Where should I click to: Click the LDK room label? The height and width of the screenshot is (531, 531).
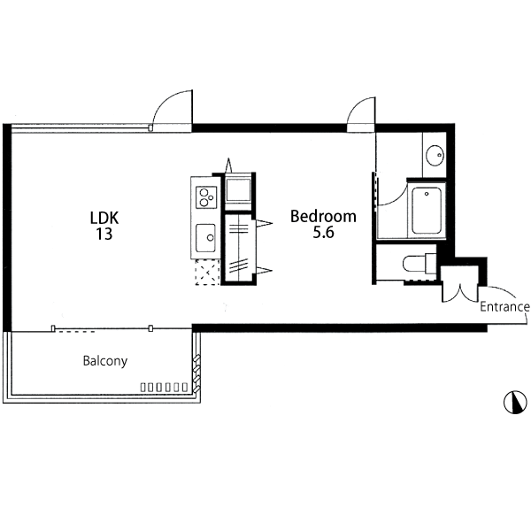[104, 218]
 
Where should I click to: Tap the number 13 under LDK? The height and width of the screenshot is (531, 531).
[104, 234]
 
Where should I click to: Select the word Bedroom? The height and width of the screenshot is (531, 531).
[323, 217]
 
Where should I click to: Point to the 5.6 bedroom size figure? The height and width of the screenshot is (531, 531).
[323, 232]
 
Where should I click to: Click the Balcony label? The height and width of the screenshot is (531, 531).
[105, 361]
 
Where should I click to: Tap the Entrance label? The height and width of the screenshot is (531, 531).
[505, 307]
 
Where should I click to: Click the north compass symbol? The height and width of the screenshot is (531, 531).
[515, 403]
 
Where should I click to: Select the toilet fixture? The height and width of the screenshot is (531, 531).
[419, 264]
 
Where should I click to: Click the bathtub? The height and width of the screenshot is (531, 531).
[427, 211]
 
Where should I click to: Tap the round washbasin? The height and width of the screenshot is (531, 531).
[435, 156]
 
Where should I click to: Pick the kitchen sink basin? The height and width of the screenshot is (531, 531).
[205, 238]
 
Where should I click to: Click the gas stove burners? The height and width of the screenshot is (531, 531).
[206, 197]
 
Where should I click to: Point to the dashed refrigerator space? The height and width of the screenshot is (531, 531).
[208, 272]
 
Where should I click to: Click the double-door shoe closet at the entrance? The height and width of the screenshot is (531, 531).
[459, 284]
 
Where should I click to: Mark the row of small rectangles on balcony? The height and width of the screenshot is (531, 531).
[164, 387]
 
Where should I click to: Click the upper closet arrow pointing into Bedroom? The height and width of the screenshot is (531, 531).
[264, 223]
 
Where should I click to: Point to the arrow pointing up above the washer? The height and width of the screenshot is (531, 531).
[229, 165]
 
